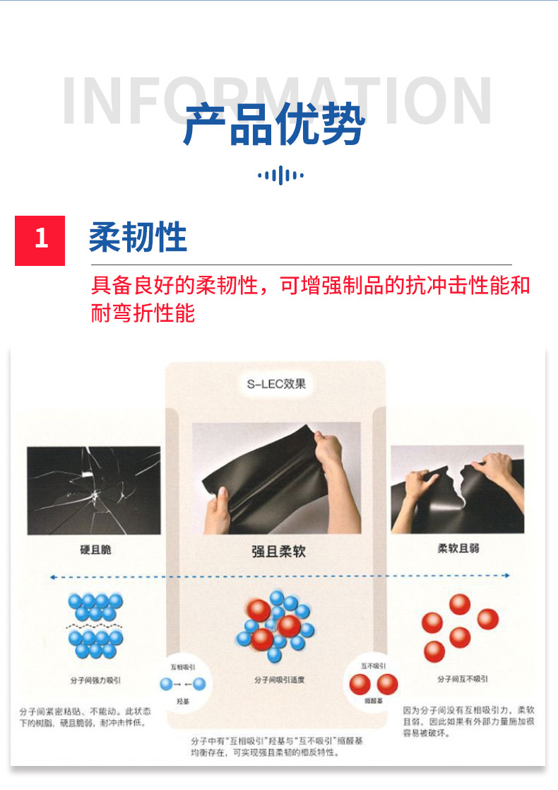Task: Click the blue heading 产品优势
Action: (x=274, y=125)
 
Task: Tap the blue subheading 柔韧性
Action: (x=138, y=237)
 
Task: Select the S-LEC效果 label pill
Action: (x=276, y=385)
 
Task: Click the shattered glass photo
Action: (x=94, y=489)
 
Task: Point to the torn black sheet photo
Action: (x=457, y=489)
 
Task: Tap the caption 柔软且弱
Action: (x=458, y=548)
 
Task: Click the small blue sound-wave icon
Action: (x=280, y=175)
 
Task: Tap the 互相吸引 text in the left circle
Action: (x=183, y=666)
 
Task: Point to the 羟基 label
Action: (x=183, y=701)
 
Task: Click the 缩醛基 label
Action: (x=374, y=701)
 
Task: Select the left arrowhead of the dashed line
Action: (x=52, y=578)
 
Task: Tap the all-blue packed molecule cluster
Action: (x=95, y=625)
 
